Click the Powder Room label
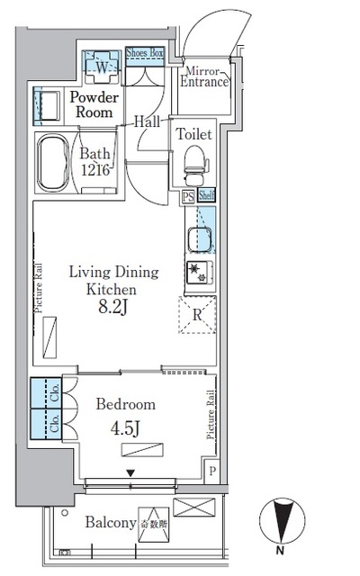tap(93, 104)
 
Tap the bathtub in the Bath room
tap(56, 165)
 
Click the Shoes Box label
tap(145, 53)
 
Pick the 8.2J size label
tap(114, 309)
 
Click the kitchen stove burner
tap(196, 274)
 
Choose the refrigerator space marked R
tap(198, 316)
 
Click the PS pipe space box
tap(189, 194)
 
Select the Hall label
tap(148, 121)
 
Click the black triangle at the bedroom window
tap(130, 473)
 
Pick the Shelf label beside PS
tap(206, 194)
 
